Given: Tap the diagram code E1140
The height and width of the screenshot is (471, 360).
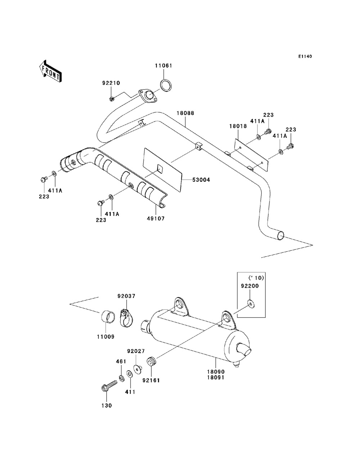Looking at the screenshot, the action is tap(305, 56).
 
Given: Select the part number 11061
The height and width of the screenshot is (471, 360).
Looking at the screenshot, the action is tap(163, 65).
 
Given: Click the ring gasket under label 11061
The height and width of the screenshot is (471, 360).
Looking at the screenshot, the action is tap(166, 85).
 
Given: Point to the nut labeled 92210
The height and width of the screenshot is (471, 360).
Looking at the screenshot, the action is tap(111, 99).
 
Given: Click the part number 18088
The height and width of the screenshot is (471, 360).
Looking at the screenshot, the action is tap(185, 113).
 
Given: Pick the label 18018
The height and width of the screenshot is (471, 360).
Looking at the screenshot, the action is tap(238, 126).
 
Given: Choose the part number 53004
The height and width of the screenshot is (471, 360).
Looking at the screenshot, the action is tap(201, 180).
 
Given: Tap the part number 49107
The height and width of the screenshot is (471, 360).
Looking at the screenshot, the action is tap(156, 218).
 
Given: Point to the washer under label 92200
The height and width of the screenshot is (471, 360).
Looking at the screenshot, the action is tap(251, 303).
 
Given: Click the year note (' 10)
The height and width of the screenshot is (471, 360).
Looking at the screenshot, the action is tap(256, 278).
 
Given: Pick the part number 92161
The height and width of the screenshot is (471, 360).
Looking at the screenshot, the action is tap(151, 380).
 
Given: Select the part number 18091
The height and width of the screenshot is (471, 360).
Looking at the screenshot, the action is tap(216, 378).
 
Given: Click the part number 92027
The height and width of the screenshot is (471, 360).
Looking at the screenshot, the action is tap(136, 351).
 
